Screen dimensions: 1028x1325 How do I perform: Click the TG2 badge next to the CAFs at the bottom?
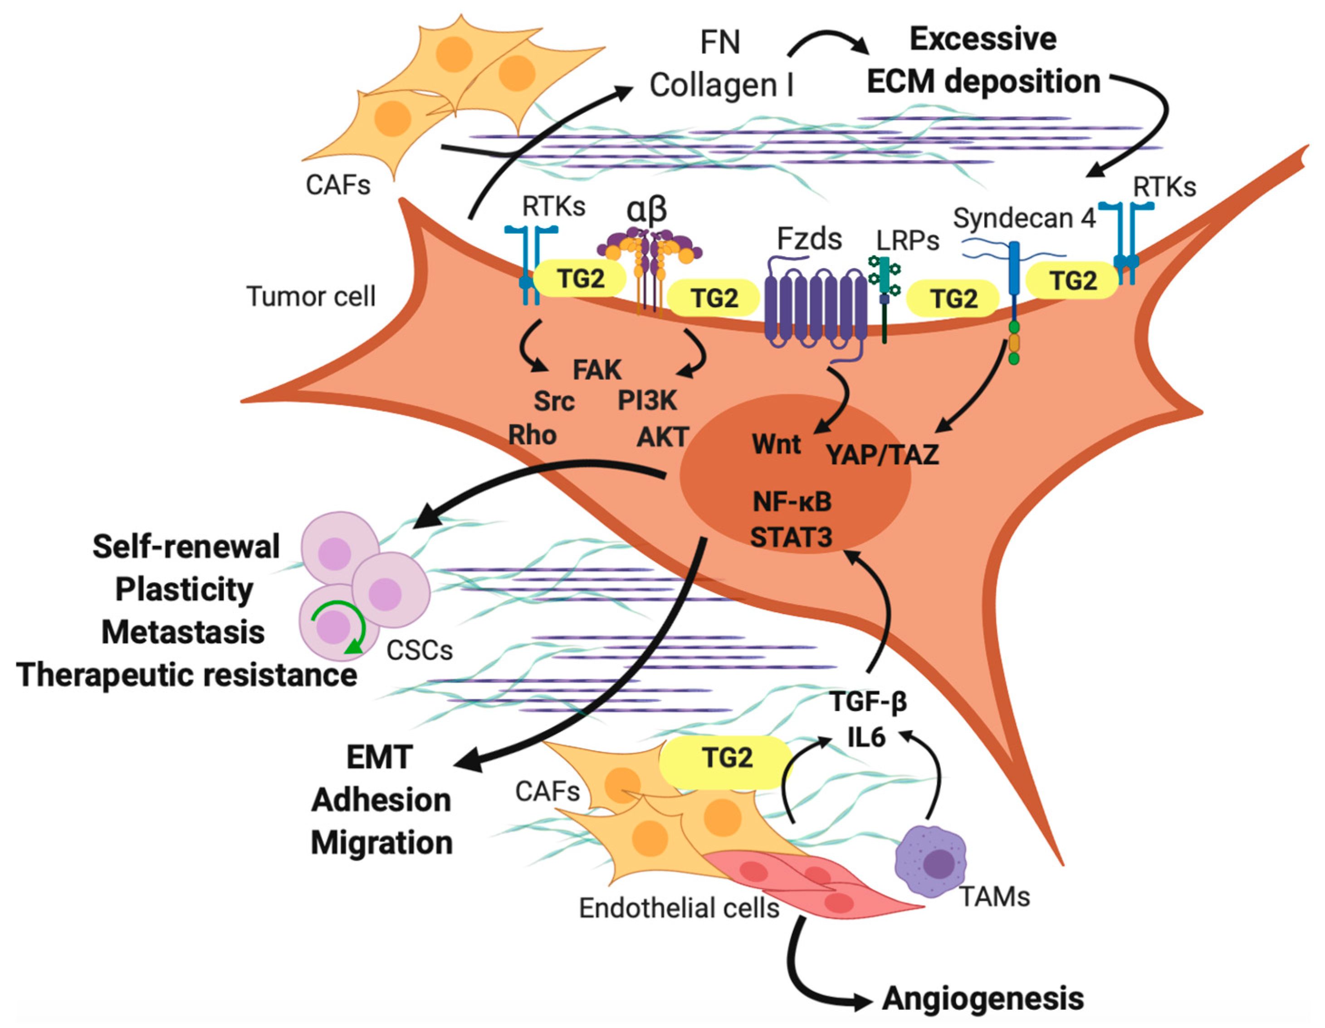[x=726, y=758]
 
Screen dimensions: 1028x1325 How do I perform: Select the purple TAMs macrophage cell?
[x=930, y=861]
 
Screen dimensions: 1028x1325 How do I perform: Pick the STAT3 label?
[x=791, y=537]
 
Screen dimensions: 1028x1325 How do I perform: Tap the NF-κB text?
[x=791, y=502]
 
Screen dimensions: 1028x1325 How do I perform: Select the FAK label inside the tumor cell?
[x=597, y=370]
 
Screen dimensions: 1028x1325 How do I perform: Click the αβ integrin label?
[x=647, y=210]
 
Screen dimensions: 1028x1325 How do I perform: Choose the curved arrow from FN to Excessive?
[x=828, y=43]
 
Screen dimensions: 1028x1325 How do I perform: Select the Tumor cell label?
[x=311, y=297]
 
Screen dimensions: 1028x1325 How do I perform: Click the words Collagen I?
[x=721, y=85]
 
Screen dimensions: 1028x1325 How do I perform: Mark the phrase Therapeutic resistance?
[x=187, y=675]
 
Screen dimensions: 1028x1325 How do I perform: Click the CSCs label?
[x=419, y=651]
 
